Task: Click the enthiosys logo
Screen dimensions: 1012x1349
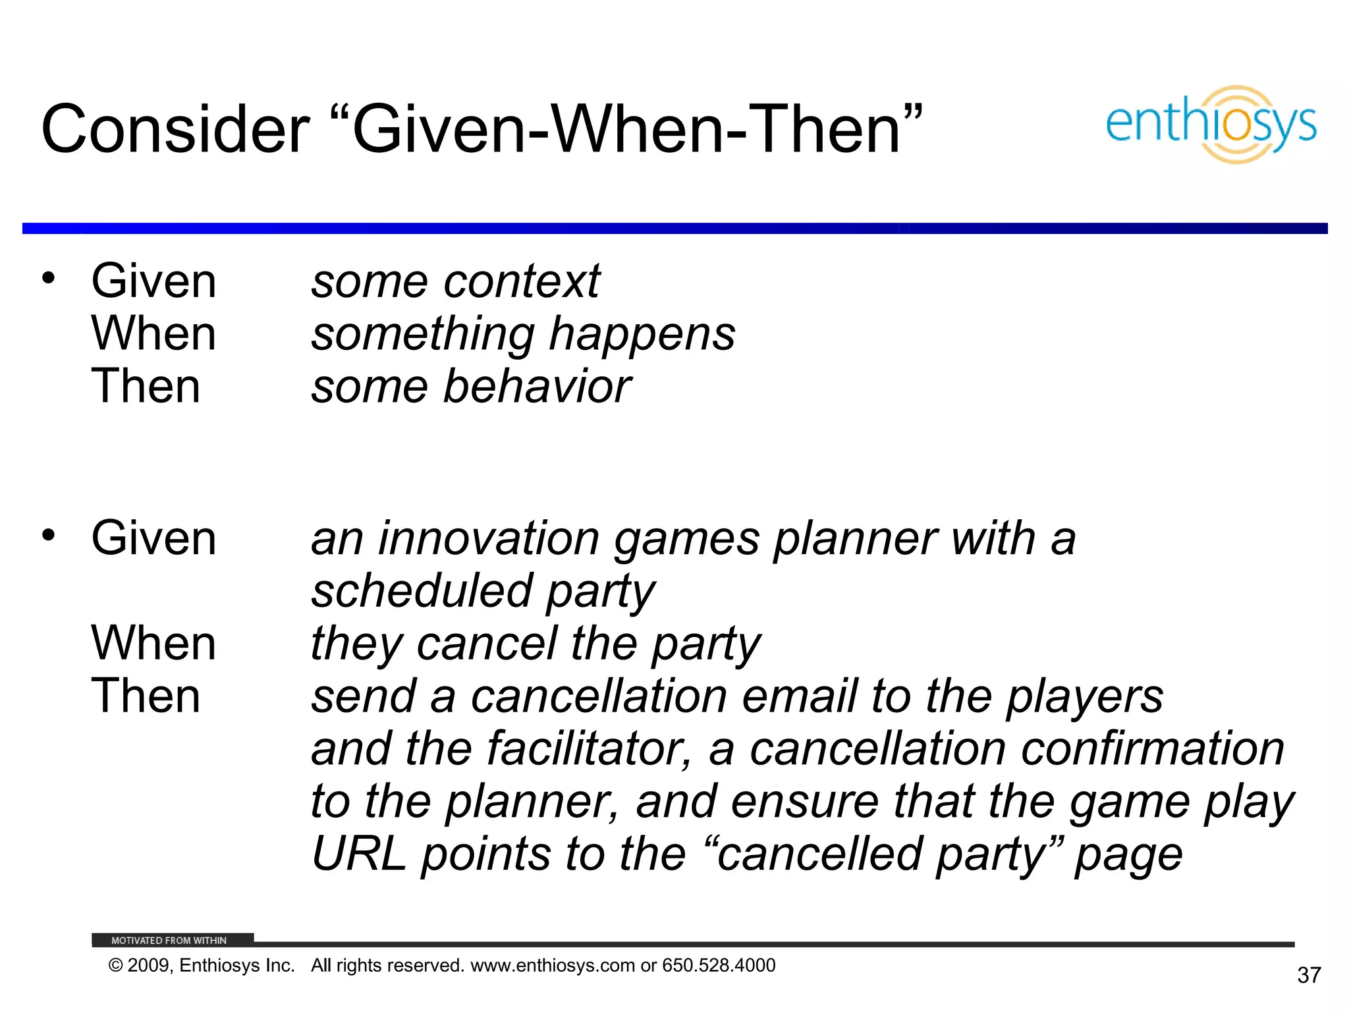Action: (1211, 125)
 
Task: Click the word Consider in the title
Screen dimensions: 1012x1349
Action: (175, 130)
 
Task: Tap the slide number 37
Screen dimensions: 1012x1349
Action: (1309, 975)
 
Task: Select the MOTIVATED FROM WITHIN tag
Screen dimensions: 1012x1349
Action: (169, 940)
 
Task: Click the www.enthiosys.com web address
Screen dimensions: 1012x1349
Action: (553, 965)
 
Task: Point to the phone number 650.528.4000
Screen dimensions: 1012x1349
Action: (719, 965)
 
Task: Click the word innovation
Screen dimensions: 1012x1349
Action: (488, 538)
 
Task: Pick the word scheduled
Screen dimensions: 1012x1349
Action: (422, 591)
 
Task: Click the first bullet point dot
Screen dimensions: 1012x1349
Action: (48, 278)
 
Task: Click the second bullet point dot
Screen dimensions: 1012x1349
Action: (48, 535)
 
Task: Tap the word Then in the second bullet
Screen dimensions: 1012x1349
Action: (146, 696)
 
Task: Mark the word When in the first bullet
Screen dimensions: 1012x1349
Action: (153, 334)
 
